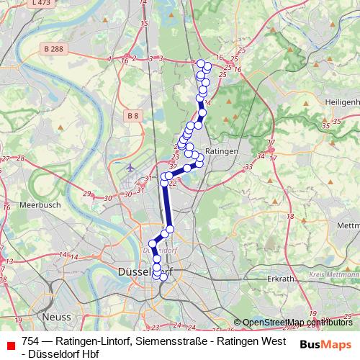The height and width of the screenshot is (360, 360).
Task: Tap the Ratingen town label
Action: point(217,152)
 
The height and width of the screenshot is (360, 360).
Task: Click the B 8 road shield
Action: point(132,114)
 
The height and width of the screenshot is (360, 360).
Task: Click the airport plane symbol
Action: point(130,168)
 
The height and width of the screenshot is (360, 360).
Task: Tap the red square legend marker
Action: point(9,345)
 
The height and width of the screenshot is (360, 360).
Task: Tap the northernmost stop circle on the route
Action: point(201,63)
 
